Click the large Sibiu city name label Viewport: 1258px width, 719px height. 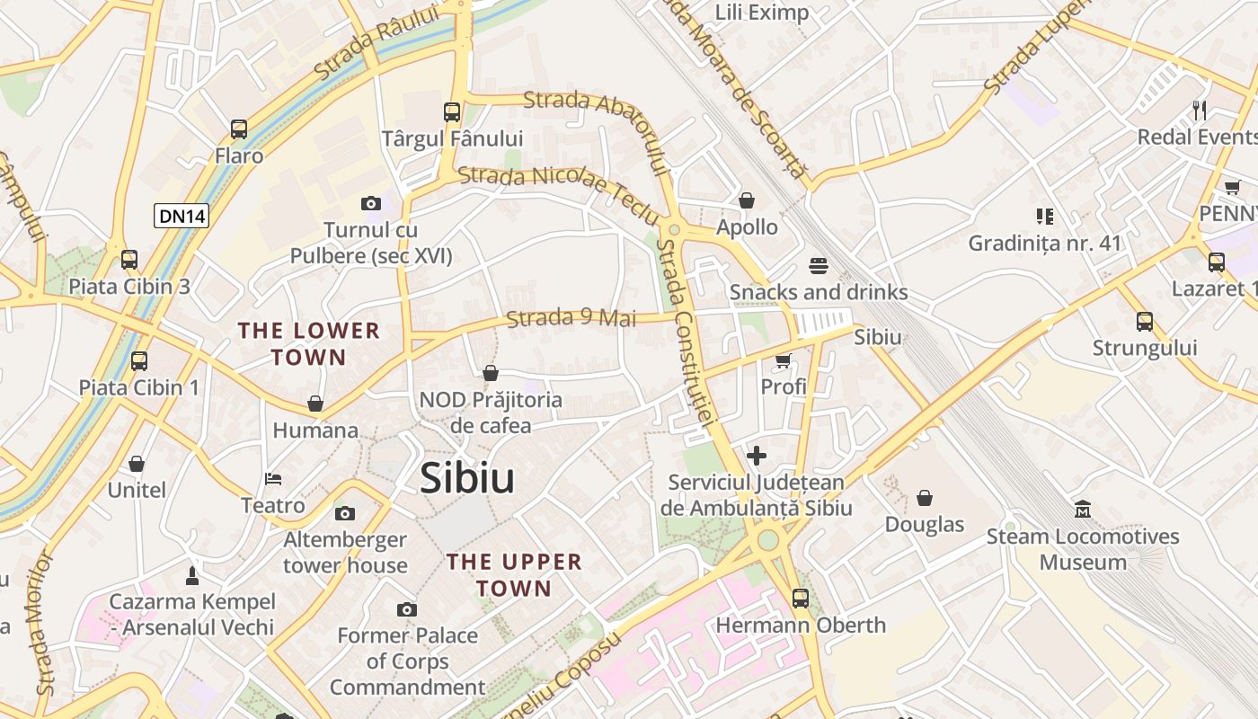pyautogui.click(x=467, y=478)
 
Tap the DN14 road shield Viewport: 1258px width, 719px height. pyautogui.click(x=182, y=216)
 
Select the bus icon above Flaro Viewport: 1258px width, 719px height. pyautogui.click(x=238, y=129)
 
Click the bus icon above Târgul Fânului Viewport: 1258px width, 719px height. pyautogui.click(x=452, y=112)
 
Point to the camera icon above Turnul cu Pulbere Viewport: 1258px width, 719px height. pyautogui.click(x=370, y=204)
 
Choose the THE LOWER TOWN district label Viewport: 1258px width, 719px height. pyautogui.click(x=309, y=344)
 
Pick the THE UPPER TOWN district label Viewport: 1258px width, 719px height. pyautogui.click(x=514, y=575)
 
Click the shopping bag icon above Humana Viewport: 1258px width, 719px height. pyautogui.click(x=314, y=404)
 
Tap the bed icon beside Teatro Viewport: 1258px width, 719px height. pyautogui.click(x=273, y=478)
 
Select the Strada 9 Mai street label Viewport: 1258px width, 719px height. pyautogui.click(x=571, y=318)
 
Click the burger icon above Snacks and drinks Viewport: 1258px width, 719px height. pyautogui.click(x=818, y=266)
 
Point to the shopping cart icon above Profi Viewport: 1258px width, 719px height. pyautogui.click(x=783, y=360)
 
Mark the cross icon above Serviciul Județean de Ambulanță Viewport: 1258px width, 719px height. pyautogui.click(x=757, y=456)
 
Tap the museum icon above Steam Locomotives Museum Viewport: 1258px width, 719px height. pyautogui.click(x=1083, y=510)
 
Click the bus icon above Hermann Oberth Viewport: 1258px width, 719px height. pyautogui.click(x=800, y=598)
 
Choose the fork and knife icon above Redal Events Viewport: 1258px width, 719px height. pyautogui.click(x=1200, y=111)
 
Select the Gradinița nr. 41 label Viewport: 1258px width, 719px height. pyautogui.click(x=1045, y=243)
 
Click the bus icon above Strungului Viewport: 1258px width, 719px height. pyautogui.click(x=1145, y=321)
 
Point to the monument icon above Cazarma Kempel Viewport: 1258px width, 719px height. pyautogui.click(x=191, y=574)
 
